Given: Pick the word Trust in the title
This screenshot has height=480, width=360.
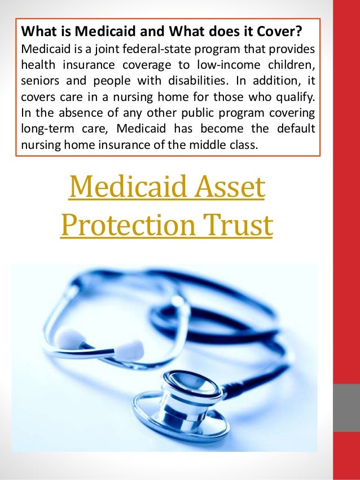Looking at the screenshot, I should (242, 226).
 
